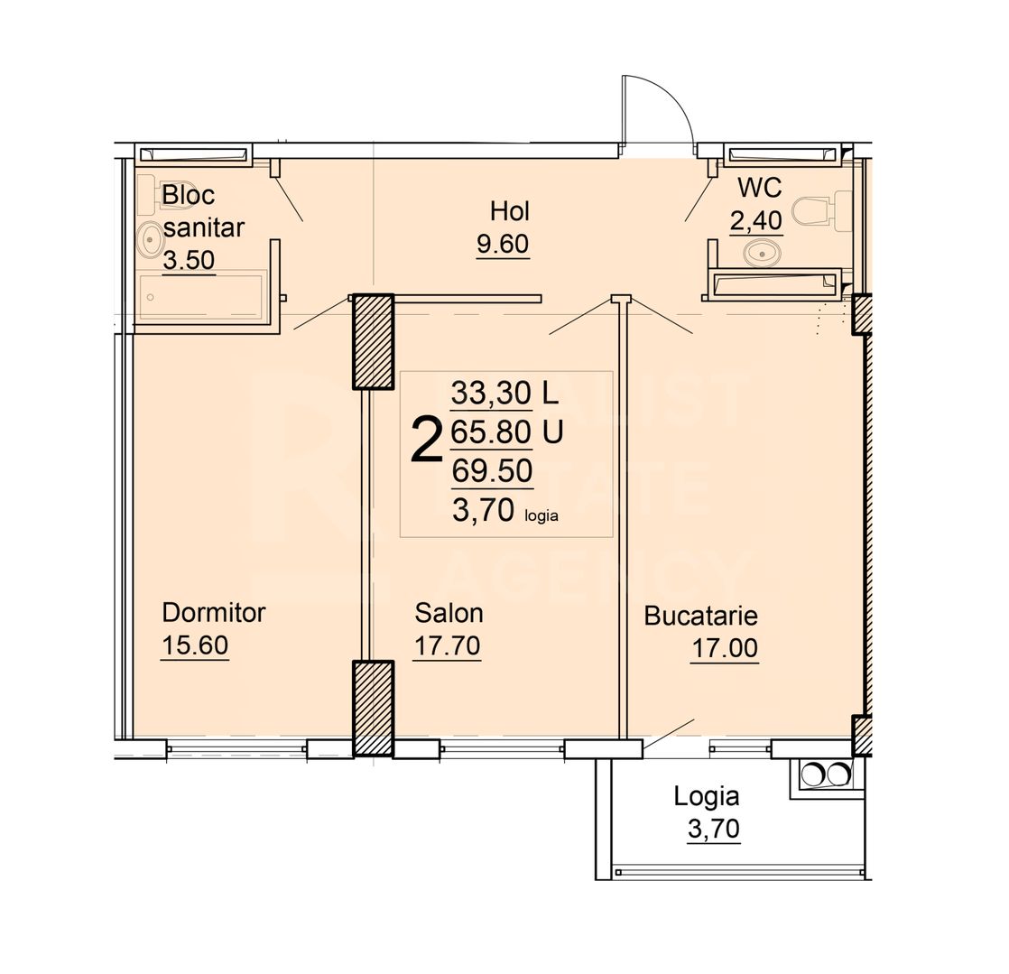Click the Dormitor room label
(213, 613)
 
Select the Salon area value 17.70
(446, 646)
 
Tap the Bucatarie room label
(700, 617)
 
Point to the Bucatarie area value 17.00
(725, 649)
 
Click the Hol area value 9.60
(502, 245)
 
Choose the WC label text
(759, 188)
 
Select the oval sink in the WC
(763, 255)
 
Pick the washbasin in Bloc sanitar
(150, 239)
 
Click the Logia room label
(707, 796)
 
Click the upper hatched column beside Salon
(372, 342)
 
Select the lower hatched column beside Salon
(372, 708)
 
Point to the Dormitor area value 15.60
(195, 646)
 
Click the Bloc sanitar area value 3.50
(189, 261)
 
